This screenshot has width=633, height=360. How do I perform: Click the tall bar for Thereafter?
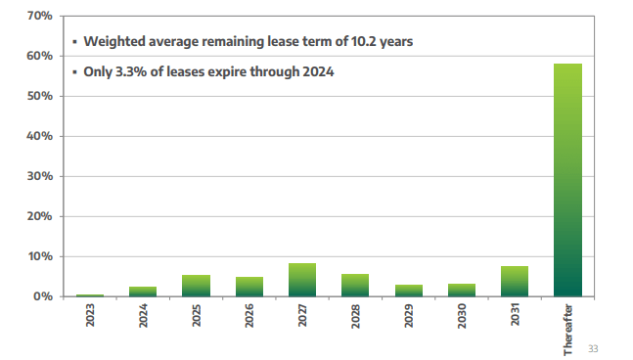click(567, 180)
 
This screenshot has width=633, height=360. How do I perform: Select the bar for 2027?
click(302, 280)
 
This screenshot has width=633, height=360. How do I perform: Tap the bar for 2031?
click(515, 282)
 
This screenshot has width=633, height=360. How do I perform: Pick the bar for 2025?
click(196, 286)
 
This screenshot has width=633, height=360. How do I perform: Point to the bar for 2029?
click(409, 291)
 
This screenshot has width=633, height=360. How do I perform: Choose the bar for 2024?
click(143, 292)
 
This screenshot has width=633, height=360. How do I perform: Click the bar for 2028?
click(355, 285)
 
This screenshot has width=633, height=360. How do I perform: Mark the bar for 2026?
click(249, 287)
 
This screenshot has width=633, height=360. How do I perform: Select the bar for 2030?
click(462, 291)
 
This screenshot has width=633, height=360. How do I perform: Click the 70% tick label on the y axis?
click(39, 17)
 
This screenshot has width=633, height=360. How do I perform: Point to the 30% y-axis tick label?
click(39, 177)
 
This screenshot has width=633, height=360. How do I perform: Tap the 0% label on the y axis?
click(43, 296)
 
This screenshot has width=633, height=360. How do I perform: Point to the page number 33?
click(594, 347)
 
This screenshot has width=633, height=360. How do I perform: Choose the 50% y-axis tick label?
click(39, 97)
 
